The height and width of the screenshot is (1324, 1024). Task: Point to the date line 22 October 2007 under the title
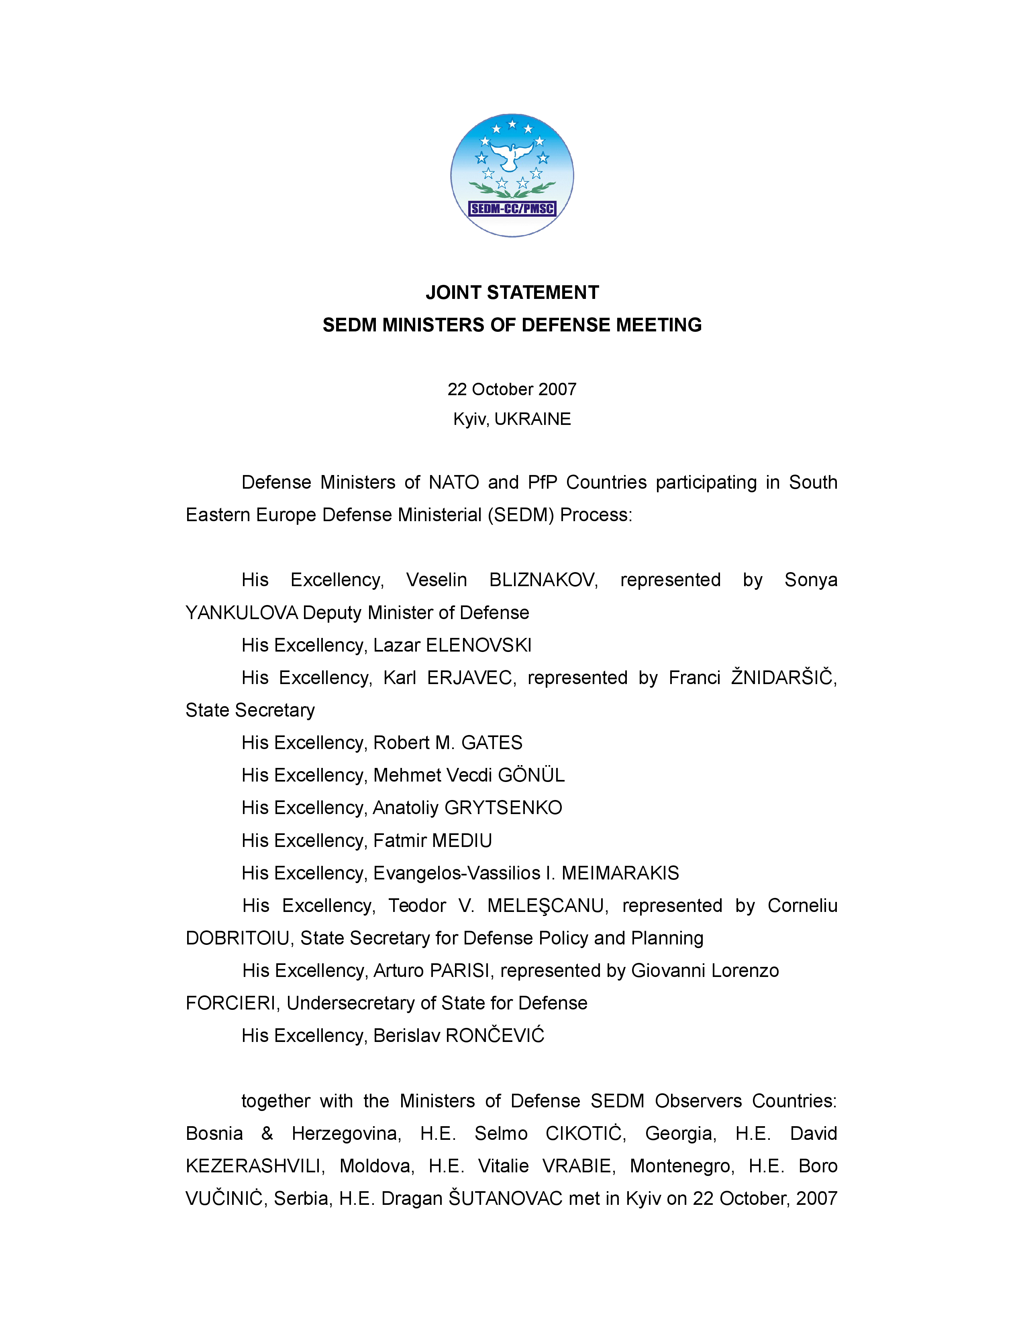[512, 389]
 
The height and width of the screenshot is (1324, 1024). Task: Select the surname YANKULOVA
[241, 613]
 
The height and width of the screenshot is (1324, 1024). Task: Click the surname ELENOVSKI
[479, 646]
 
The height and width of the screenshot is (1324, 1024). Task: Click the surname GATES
[492, 743]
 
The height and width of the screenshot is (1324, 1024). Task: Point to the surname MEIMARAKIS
[620, 873]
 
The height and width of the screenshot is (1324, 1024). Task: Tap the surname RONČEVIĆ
[495, 1036]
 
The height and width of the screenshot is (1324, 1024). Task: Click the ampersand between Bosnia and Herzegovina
[267, 1134]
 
